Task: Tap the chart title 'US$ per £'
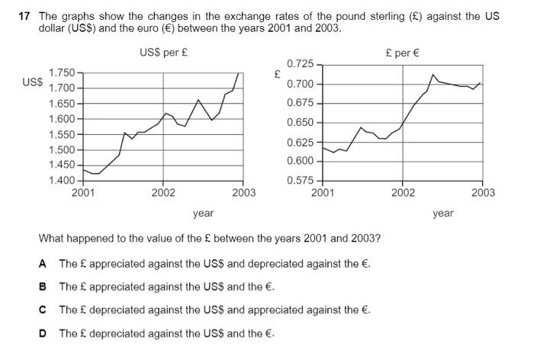pyautogui.click(x=165, y=53)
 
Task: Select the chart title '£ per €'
pyautogui.click(x=403, y=53)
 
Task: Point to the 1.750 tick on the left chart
pyautogui.click(x=62, y=72)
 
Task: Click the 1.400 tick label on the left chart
pyautogui.click(x=62, y=181)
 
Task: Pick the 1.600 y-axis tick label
pyautogui.click(x=62, y=119)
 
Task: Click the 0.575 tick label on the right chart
pyautogui.click(x=301, y=181)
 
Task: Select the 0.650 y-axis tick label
pyautogui.click(x=301, y=123)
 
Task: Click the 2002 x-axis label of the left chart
pyautogui.click(x=163, y=193)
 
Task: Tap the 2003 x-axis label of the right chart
pyautogui.click(x=483, y=193)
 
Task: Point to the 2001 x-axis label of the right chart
pyautogui.click(x=323, y=193)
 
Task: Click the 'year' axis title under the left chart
pyautogui.click(x=203, y=214)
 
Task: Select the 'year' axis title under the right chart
pyautogui.click(x=443, y=214)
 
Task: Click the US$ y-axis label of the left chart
pyautogui.click(x=33, y=82)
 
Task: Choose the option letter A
pyautogui.click(x=43, y=264)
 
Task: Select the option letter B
pyautogui.click(x=43, y=287)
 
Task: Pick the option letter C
pyautogui.click(x=43, y=310)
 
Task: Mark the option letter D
pyautogui.click(x=43, y=333)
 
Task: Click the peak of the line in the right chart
pyautogui.click(x=433, y=75)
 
